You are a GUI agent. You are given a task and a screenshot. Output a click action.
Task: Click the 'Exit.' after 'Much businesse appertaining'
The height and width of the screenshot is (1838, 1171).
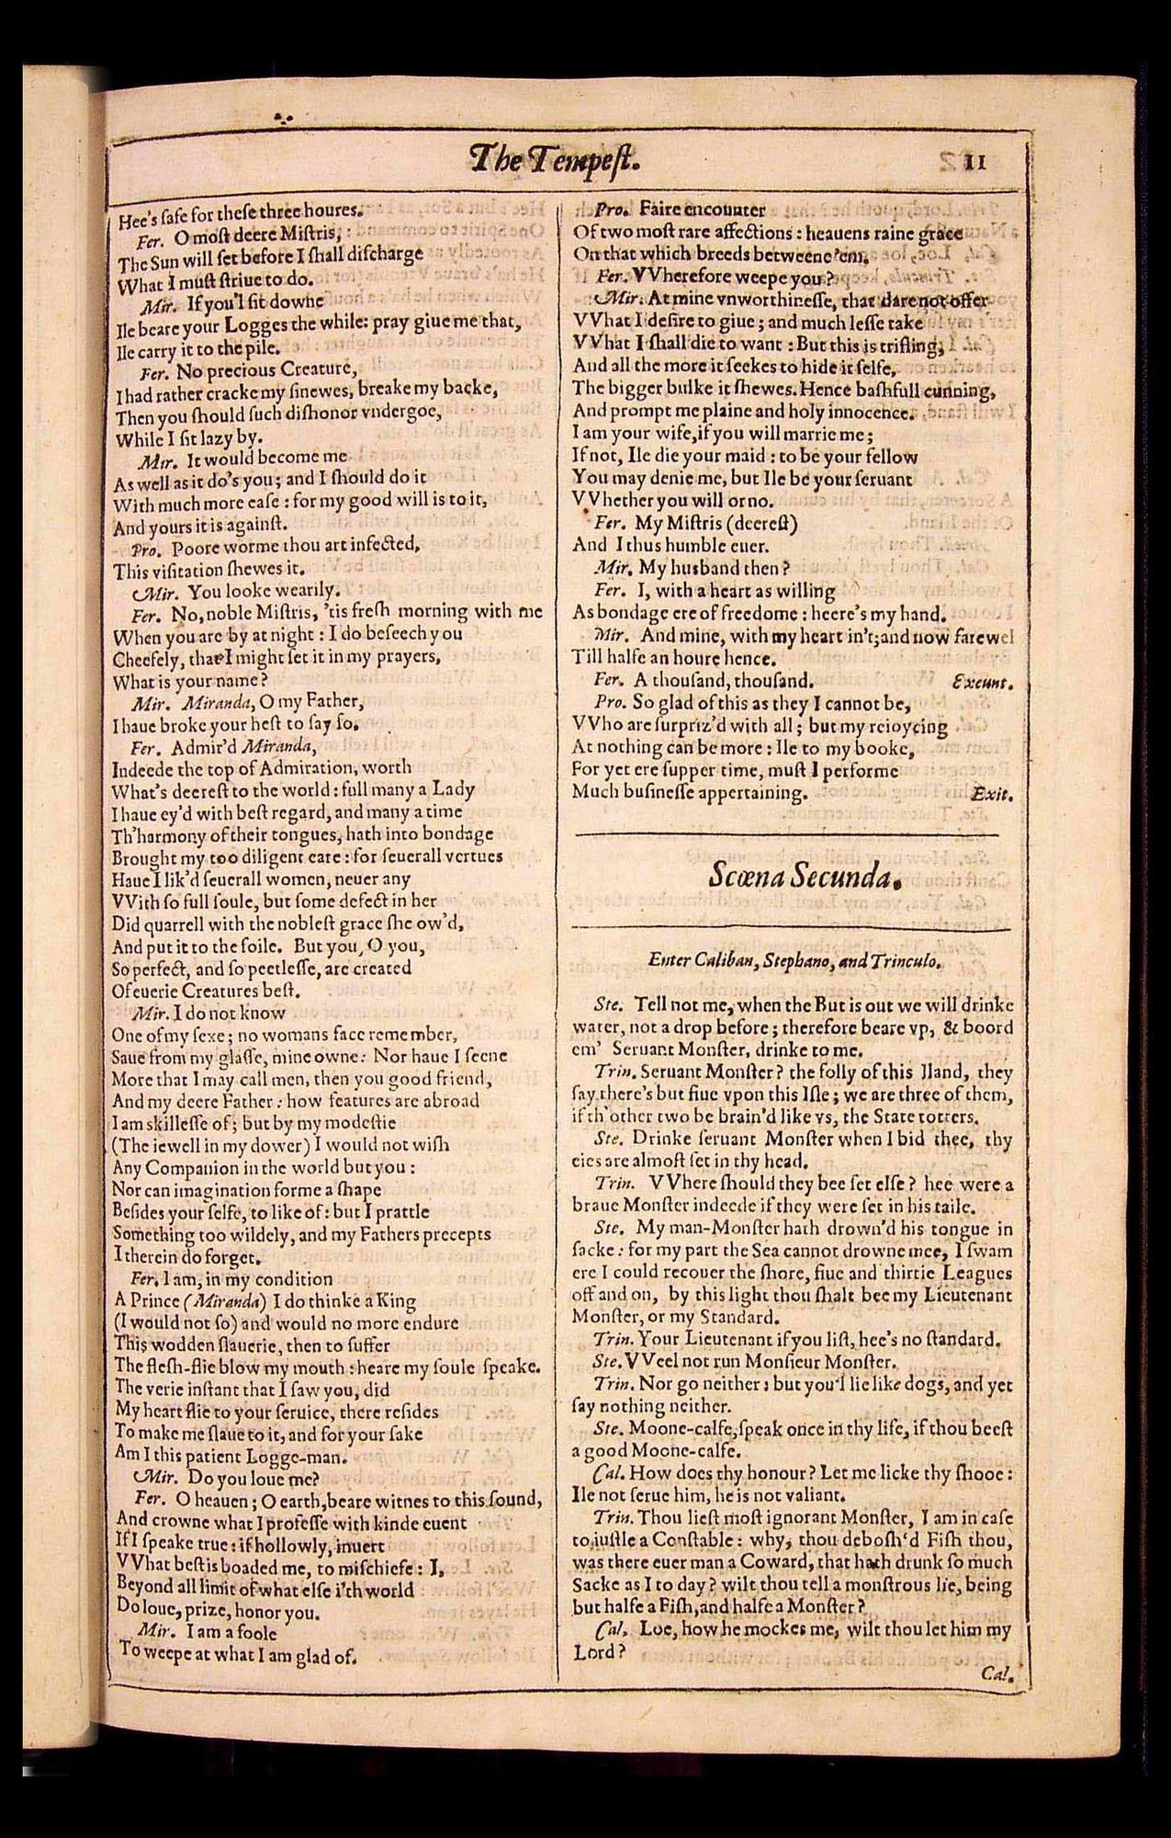click(x=991, y=792)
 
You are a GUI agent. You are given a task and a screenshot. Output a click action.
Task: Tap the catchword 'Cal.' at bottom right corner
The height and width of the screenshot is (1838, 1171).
click(x=996, y=1674)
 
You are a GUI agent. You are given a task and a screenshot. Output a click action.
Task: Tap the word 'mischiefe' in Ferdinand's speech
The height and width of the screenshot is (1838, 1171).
click(x=371, y=1569)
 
